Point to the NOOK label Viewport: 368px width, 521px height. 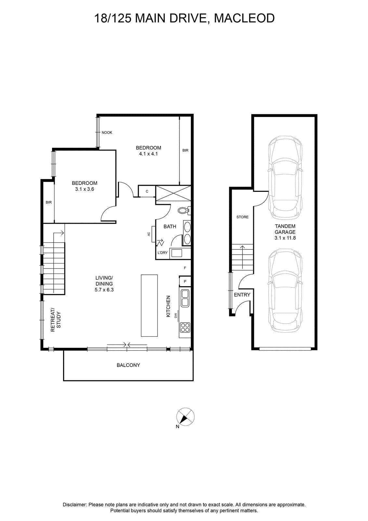click(107, 133)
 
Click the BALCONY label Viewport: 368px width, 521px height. click(128, 365)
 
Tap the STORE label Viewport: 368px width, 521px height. click(243, 217)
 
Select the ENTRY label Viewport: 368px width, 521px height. click(242, 295)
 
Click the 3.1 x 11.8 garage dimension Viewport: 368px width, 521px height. click(285, 238)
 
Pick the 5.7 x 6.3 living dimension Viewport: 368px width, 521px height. click(104, 290)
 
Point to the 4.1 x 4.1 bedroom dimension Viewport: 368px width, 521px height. click(148, 154)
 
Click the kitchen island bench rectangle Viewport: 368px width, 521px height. click(149, 305)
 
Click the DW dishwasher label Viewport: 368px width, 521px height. click(176, 316)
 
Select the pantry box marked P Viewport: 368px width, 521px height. click(185, 281)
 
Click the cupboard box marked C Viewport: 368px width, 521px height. click(147, 191)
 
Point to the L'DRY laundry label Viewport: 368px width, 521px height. click(163, 253)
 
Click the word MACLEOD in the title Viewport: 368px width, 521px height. click(244, 18)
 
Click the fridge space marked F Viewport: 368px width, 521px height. click(185, 268)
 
